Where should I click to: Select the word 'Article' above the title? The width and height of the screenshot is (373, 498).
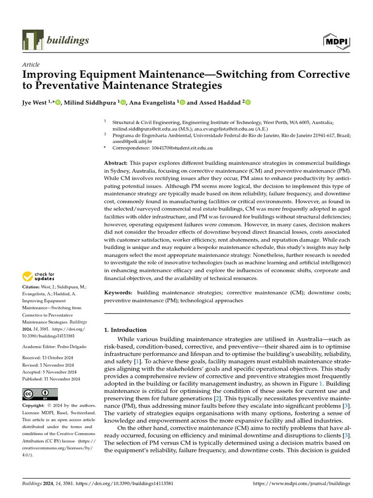(31, 65)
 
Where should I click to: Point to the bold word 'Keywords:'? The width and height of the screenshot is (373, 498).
(118, 293)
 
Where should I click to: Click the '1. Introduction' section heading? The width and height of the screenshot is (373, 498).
(125, 330)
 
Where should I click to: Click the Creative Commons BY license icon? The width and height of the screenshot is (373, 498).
(40, 394)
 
